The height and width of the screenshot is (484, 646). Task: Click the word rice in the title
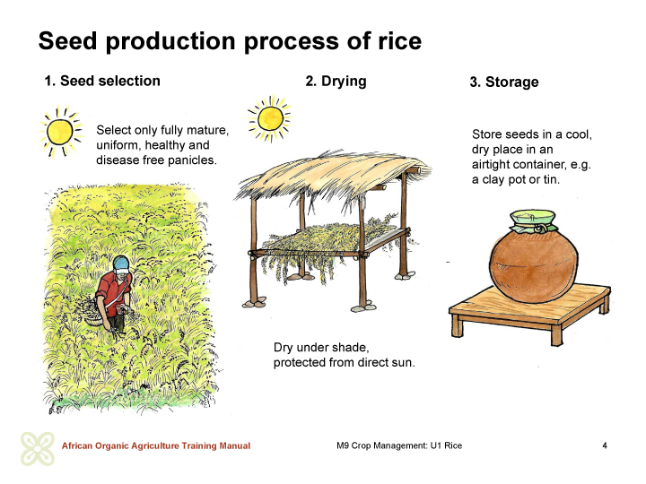tap(398, 41)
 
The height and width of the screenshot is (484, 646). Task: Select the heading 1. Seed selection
tap(102, 81)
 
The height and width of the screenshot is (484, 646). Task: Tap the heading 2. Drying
tap(336, 81)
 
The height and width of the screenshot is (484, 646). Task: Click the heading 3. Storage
tap(504, 82)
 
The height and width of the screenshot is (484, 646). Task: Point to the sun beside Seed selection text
tap(60, 132)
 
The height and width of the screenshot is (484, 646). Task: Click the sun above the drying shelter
tap(270, 119)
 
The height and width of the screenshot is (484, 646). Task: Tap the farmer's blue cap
tap(122, 264)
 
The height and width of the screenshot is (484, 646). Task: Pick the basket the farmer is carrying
tap(94, 317)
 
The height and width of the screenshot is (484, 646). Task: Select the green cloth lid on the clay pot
tap(533, 221)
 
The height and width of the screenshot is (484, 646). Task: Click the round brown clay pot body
tap(534, 265)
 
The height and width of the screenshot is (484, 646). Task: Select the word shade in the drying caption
tap(351, 348)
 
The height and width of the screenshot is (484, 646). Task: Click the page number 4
tap(605, 445)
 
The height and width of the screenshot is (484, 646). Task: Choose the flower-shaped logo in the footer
tap(38, 449)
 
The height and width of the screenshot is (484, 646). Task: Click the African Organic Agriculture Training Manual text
tap(156, 445)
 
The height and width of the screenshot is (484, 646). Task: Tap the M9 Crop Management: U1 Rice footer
tap(399, 445)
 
